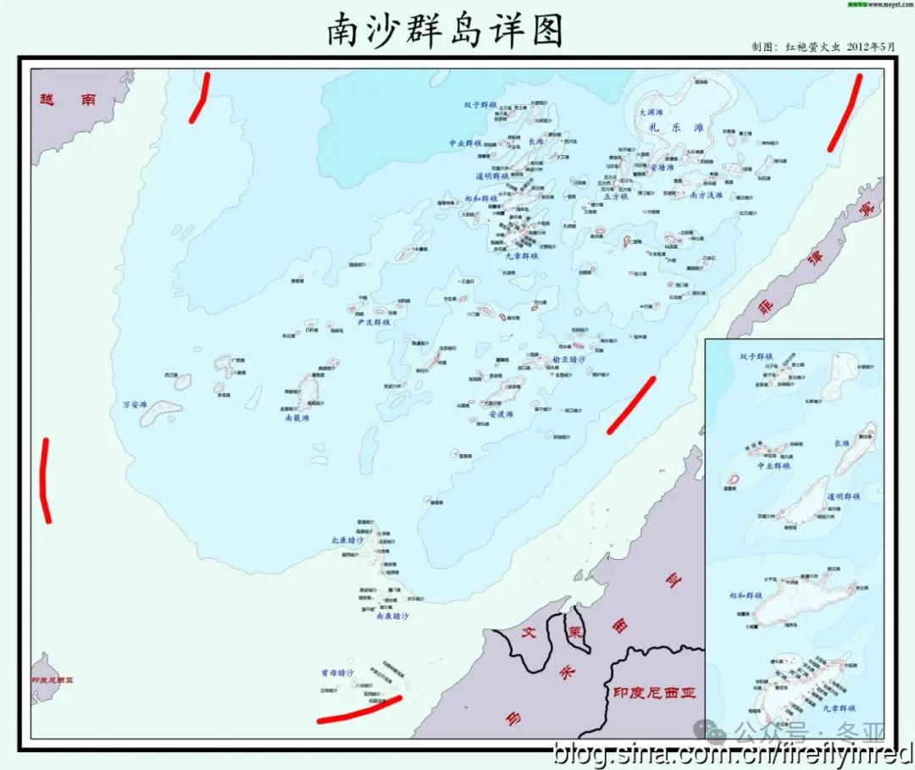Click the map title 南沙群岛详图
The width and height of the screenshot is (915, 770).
point(445,31)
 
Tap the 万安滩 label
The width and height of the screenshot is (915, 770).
point(136,405)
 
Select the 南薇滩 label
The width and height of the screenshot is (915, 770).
point(297,418)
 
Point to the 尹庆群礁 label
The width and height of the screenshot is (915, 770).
point(373,323)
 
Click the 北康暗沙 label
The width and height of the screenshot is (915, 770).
point(347,540)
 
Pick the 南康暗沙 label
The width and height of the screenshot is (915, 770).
point(392,617)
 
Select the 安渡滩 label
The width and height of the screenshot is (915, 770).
point(502,414)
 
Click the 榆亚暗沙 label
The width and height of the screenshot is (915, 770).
point(568,358)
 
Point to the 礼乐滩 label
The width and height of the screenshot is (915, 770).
point(675,128)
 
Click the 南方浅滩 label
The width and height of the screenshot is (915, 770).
point(707,196)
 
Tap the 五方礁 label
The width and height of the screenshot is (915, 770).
point(616,196)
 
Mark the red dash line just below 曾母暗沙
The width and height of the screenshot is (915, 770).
point(358,710)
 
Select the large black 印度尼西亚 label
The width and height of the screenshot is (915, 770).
point(654,693)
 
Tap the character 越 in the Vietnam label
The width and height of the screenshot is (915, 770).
point(47,99)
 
